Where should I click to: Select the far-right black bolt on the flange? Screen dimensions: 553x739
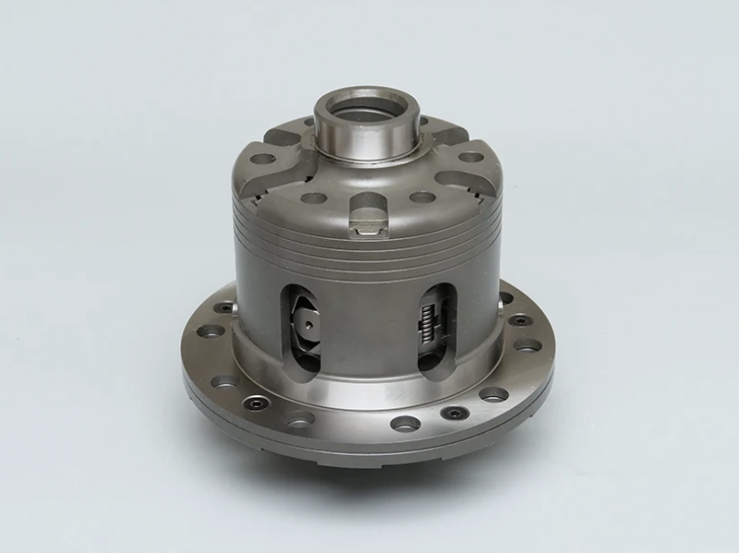(519, 320)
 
